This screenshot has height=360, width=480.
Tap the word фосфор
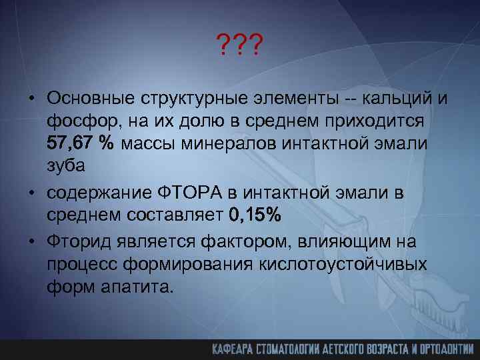pyautogui.click(x=75, y=121)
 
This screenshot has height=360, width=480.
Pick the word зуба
pyautogui.click(x=65, y=165)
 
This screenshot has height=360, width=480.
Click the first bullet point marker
pyautogui.click(x=32, y=99)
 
